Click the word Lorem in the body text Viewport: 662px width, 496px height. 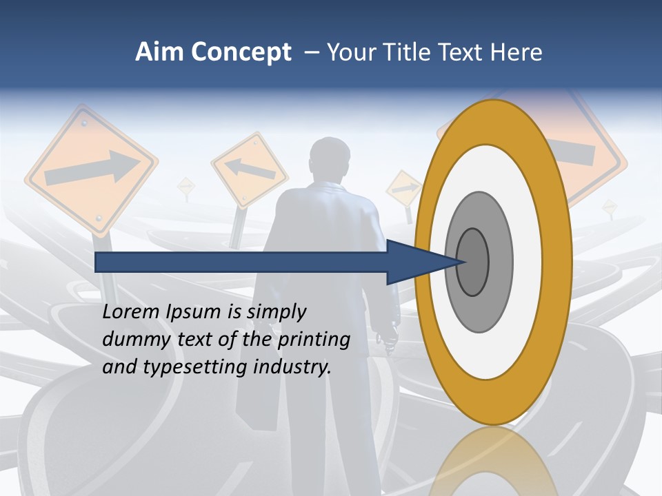coord(130,312)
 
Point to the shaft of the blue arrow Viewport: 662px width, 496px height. coord(241,262)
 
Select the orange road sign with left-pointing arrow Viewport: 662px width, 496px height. coord(249,169)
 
